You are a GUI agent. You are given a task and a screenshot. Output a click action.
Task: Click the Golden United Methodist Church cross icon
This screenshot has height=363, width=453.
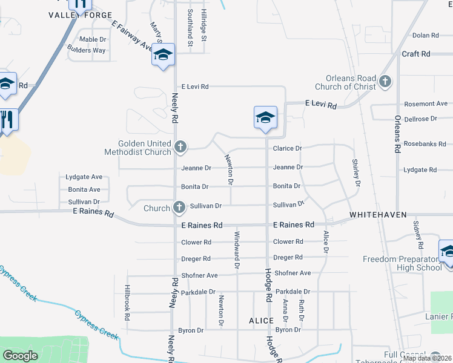click(180, 146)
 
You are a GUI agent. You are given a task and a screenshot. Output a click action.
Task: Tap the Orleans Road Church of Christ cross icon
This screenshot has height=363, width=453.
click(385, 81)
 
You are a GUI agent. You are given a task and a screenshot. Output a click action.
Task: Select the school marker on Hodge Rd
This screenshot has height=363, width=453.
click(265, 117)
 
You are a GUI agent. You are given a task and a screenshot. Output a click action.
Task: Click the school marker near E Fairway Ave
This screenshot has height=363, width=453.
click(163, 54)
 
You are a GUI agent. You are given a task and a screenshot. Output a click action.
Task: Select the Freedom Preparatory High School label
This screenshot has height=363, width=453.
click(402, 263)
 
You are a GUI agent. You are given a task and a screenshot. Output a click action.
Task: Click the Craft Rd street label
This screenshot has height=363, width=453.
click(416, 54)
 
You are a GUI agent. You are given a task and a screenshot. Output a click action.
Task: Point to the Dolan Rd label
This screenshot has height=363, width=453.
click(425, 36)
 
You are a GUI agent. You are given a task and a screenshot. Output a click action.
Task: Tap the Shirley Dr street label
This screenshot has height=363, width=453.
click(357, 172)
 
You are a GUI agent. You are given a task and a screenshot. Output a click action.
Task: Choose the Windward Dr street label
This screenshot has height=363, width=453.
click(237, 250)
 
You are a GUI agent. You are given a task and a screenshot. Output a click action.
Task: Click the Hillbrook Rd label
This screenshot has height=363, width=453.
click(127, 299)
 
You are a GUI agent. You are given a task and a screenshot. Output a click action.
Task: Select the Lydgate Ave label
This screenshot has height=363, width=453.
click(84, 177)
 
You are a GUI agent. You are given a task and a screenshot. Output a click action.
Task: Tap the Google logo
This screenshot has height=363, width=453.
click(20, 356)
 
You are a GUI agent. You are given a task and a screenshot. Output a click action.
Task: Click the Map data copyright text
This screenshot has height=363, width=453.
click(428, 358)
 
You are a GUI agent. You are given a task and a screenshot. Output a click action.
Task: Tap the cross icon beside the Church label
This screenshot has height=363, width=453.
click(179, 208)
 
